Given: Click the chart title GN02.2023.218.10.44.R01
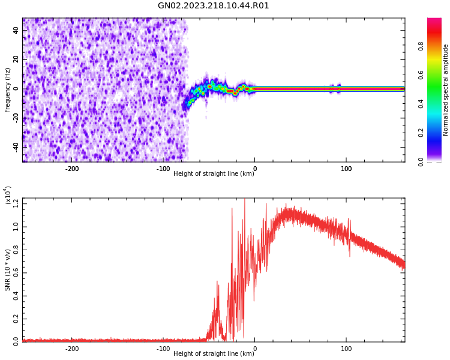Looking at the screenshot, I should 214,6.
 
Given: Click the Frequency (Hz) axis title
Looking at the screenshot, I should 8,90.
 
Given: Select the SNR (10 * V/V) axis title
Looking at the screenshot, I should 8,270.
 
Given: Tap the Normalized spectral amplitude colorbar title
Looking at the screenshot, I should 445,90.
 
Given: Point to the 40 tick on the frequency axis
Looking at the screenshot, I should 16,30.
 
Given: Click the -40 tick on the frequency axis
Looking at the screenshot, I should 15,147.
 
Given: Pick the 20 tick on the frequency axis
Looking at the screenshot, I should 16,59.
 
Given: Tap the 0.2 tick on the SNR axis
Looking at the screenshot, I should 15,319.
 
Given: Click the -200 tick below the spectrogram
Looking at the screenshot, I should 72,169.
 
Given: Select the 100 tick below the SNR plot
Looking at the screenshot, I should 346,349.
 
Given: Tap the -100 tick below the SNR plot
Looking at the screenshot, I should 163,349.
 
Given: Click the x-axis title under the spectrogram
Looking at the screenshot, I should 214,174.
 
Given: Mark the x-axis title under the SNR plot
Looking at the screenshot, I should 214,354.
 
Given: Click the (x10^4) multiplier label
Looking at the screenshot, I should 8,195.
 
